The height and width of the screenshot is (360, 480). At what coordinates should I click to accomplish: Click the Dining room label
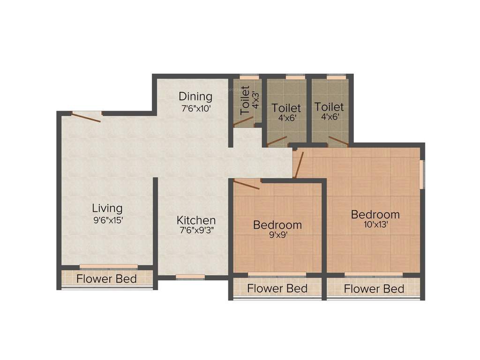(195, 97)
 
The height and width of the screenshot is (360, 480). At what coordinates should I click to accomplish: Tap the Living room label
(107, 208)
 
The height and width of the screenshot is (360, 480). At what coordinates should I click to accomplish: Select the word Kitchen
(196, 220)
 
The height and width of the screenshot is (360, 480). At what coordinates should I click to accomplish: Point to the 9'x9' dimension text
(277, 236)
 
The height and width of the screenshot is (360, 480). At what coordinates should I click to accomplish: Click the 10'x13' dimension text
(375, 225)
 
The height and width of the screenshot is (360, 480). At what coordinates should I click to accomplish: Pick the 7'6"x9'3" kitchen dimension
(196, 230)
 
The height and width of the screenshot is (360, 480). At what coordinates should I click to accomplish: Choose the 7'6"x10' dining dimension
(195, 107)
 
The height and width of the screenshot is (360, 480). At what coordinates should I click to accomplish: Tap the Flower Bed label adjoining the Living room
(106, 279)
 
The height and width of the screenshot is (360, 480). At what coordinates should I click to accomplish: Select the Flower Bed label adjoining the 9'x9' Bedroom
(277, 288)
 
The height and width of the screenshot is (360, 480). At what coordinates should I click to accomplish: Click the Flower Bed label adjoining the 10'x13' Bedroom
(374, 288)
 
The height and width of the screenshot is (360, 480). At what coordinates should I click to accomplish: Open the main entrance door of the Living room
(86, 117)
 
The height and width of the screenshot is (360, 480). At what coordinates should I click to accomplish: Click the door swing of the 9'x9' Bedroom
(247, 185)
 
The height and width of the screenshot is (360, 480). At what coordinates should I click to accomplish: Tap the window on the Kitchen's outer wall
(190, 277)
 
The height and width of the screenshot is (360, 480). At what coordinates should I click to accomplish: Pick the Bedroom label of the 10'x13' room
(375, 214)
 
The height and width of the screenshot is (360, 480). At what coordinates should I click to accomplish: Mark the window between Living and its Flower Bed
(108, 267)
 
